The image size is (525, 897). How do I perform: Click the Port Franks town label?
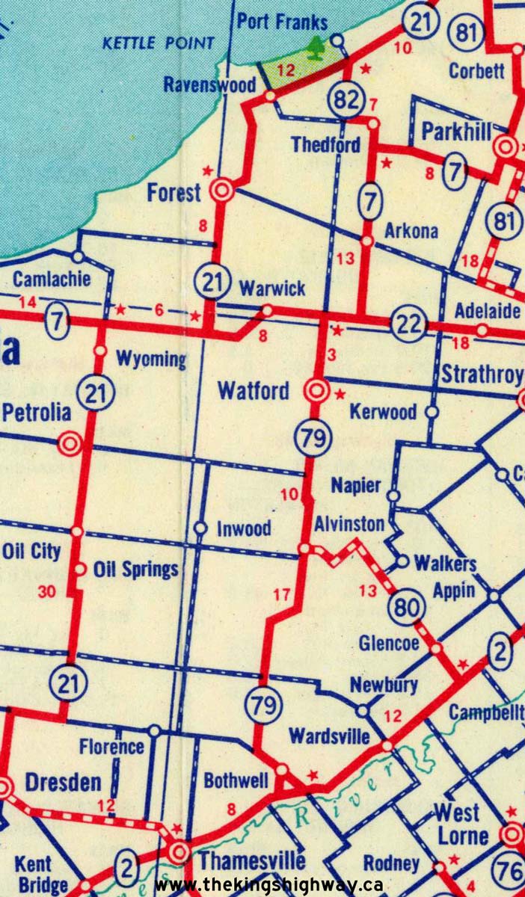[282, 22]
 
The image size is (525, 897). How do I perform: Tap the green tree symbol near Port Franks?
[318, 48]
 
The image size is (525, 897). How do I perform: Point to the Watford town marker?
[316, 389]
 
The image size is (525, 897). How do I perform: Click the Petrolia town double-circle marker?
[70, 444]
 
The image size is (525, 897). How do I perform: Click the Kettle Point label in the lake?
[158, 43]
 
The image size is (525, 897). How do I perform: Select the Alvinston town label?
[349, 524]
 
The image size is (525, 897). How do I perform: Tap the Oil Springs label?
[136, 570]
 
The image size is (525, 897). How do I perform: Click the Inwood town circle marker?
[200, 528]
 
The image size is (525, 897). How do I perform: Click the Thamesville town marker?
[179, 852]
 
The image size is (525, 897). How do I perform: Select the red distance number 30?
[46, 591]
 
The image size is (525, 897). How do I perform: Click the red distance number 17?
[281, 595]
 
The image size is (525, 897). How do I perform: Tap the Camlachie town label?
[51, 280]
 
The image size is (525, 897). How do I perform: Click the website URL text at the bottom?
[269, 885]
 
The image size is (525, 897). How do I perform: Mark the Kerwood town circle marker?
[432, 412]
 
